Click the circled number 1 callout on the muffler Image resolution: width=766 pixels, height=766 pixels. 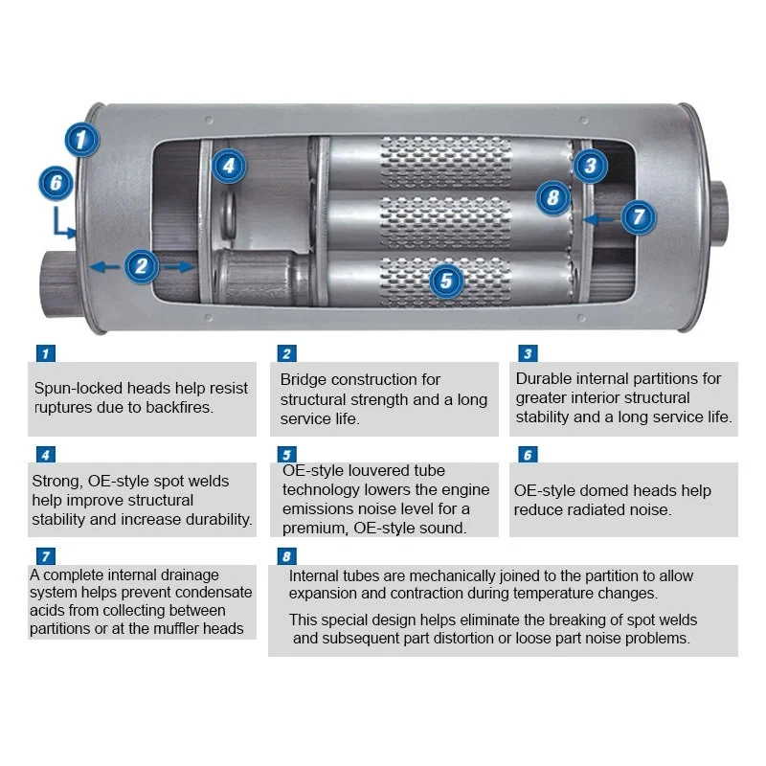82,140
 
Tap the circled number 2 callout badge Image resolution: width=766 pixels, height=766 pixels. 142,265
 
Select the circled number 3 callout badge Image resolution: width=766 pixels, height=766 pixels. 591,166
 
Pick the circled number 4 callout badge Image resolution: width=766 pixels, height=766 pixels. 227,166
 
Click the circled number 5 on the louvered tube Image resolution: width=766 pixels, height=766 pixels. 446,281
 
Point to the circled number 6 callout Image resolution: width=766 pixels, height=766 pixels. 56,182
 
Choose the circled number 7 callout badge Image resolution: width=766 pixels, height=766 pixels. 639,216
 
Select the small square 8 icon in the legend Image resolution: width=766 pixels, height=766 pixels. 284,556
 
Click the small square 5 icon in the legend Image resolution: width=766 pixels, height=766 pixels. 284,455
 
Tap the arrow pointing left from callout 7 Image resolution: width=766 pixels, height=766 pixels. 599,218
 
